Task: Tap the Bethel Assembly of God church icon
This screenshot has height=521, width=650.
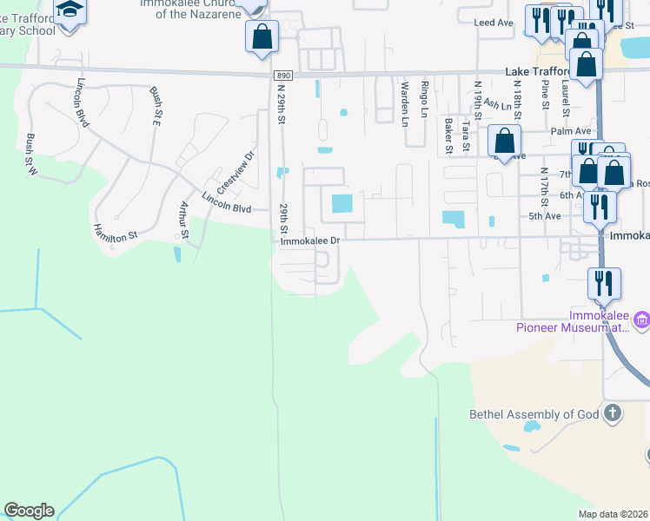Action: point(613,413)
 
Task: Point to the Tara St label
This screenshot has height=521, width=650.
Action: point(466,137)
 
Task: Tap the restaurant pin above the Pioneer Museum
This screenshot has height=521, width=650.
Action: point(603,283)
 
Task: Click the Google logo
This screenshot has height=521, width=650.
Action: point(29,511)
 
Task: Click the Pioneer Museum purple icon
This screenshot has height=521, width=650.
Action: point(641,321)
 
